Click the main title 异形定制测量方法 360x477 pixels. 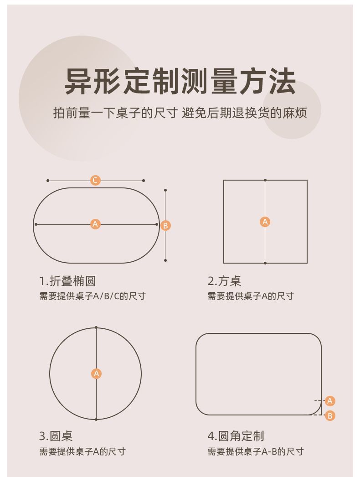[x=180, y=82]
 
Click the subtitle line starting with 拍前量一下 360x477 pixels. [x=180, y=113]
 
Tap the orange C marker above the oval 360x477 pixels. [x=95, y=181]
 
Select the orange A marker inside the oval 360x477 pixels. [x=96, y=224]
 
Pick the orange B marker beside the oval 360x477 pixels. [x=166, y=226]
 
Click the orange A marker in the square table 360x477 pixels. [x=265, y=222]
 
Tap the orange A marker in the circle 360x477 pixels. [x=97, y=373]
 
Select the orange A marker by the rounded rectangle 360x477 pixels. [x=330, y=401]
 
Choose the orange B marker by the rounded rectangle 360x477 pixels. [x=330, y=415]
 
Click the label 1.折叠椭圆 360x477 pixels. [x=67, y=281]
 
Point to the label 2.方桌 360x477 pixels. [x=224, y=281]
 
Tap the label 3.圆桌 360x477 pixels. [x=56, y=436]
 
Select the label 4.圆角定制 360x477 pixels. [x=236, y=436]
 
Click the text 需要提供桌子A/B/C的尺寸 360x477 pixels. [x=93, y=296]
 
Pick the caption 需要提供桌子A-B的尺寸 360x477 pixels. [x=255, y=451]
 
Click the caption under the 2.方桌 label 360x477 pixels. [x=251, y=296]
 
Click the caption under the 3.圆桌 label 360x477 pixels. [x=82, y=451]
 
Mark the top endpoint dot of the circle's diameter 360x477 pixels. [x=96, y=327]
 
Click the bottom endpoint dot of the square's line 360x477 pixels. [x=265, y=263]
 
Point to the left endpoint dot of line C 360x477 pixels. [x=48, y=181]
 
